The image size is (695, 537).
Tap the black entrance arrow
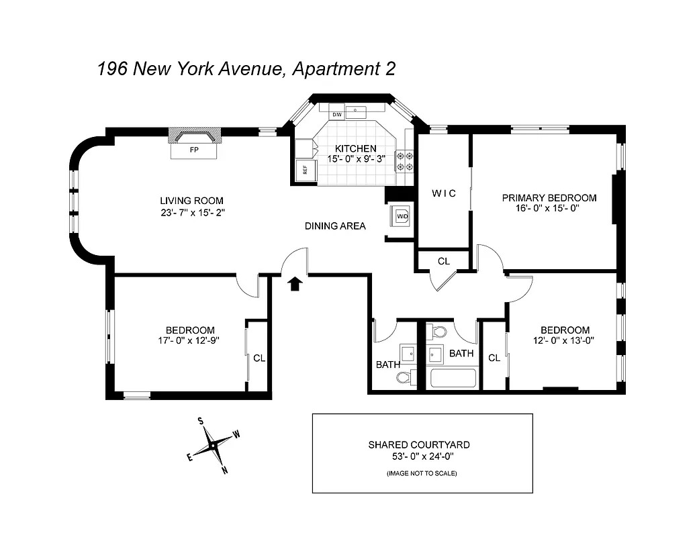click(x=293, y=284)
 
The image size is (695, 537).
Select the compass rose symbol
click(x=213, y=445)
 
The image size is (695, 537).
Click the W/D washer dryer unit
click(x=402, y=217)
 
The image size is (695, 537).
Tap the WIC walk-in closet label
click(x=443, y=193)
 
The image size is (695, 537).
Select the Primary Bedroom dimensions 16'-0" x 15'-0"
click(x=549, y=209)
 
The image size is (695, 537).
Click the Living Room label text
click(x=191, y=201)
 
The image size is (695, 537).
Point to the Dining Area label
click(x=335, y=226)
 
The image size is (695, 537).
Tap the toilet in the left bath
click(x=404, y=378)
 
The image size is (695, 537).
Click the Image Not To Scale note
click(x=421, y=474)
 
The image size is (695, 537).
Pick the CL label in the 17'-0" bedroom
click(x=259, y=358)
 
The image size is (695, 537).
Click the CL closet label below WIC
click(x=443, y=261)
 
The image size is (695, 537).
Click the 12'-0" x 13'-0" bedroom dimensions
click(x=565, y=340)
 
